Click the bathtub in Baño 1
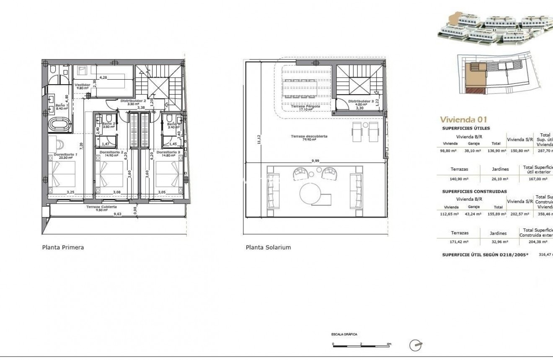point(58,124)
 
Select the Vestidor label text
point(83,84)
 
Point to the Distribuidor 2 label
point(133,101)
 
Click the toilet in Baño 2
point(109,118)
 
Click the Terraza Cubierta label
point(101,207)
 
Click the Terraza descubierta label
point(309,136)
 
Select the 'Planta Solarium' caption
point(268,247)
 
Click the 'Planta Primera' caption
point(63,247)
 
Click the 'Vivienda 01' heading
point(463,119)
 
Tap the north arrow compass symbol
point(416,344)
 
